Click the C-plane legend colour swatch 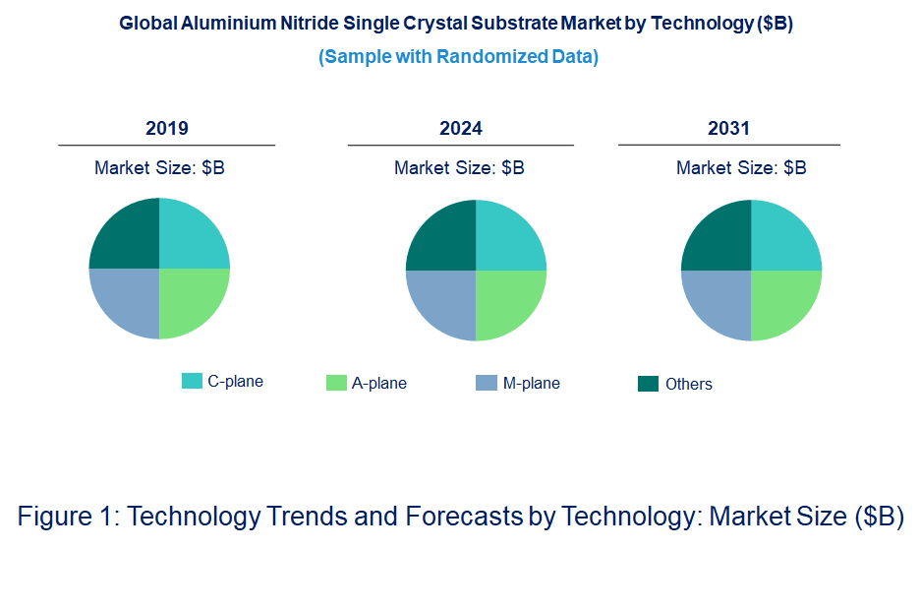[192, 381]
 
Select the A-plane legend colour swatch [336, 383]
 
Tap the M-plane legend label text [531, 383]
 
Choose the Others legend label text [688, 384]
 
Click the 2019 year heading [167, 128]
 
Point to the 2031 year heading [728, 128]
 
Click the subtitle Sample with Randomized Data [458, 56]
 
